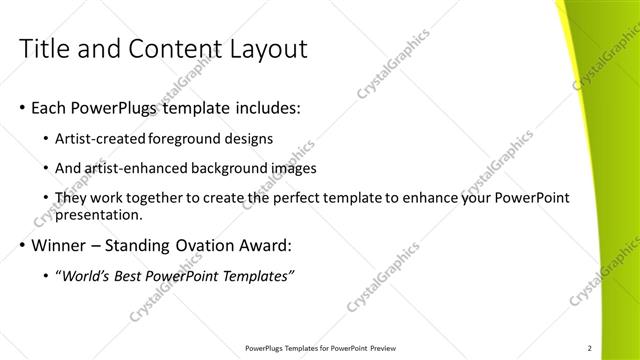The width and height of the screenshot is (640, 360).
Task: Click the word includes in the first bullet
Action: point(266,105)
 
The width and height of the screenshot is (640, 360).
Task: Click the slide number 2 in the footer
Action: point(590,347)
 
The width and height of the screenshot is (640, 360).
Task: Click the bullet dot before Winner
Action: point(22,245)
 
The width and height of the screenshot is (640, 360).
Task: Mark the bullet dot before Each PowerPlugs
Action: point(22,106)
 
